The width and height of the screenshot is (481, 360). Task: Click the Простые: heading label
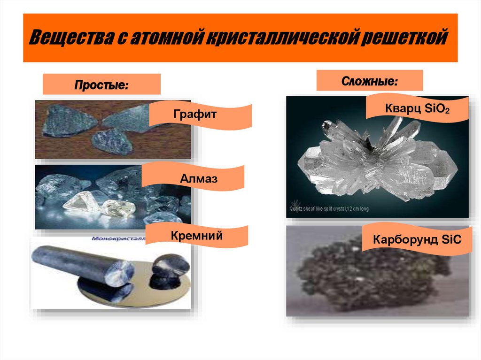(x=101, y=84)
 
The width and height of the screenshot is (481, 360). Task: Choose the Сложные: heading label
(x=369, y=80)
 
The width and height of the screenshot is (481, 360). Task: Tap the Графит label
(x=201, y=114)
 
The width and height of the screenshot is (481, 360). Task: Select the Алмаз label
(x=193, y=178)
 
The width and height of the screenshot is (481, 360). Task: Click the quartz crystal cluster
(x=376, y=160)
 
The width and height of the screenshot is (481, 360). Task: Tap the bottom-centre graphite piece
(x=113, y=141)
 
